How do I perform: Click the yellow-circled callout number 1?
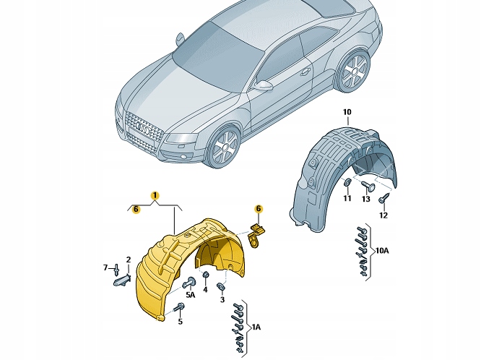tap(155, 195)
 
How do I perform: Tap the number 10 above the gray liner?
tap(347, 111)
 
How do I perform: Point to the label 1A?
tap(255, 327)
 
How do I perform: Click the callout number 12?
tap(383, 215)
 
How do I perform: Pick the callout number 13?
tap(365, 199)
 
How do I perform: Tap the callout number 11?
tap(347, 199)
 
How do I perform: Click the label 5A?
tap(190, 296)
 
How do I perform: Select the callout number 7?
tap(106, 268)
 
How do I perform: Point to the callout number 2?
tap(128, 260)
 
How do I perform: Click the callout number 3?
tap(222, 300)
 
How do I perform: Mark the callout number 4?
tap(205, 291)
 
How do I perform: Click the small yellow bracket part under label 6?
tap(257, 234)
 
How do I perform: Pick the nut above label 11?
tap(347, 181)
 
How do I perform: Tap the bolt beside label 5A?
tap(191, 282)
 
